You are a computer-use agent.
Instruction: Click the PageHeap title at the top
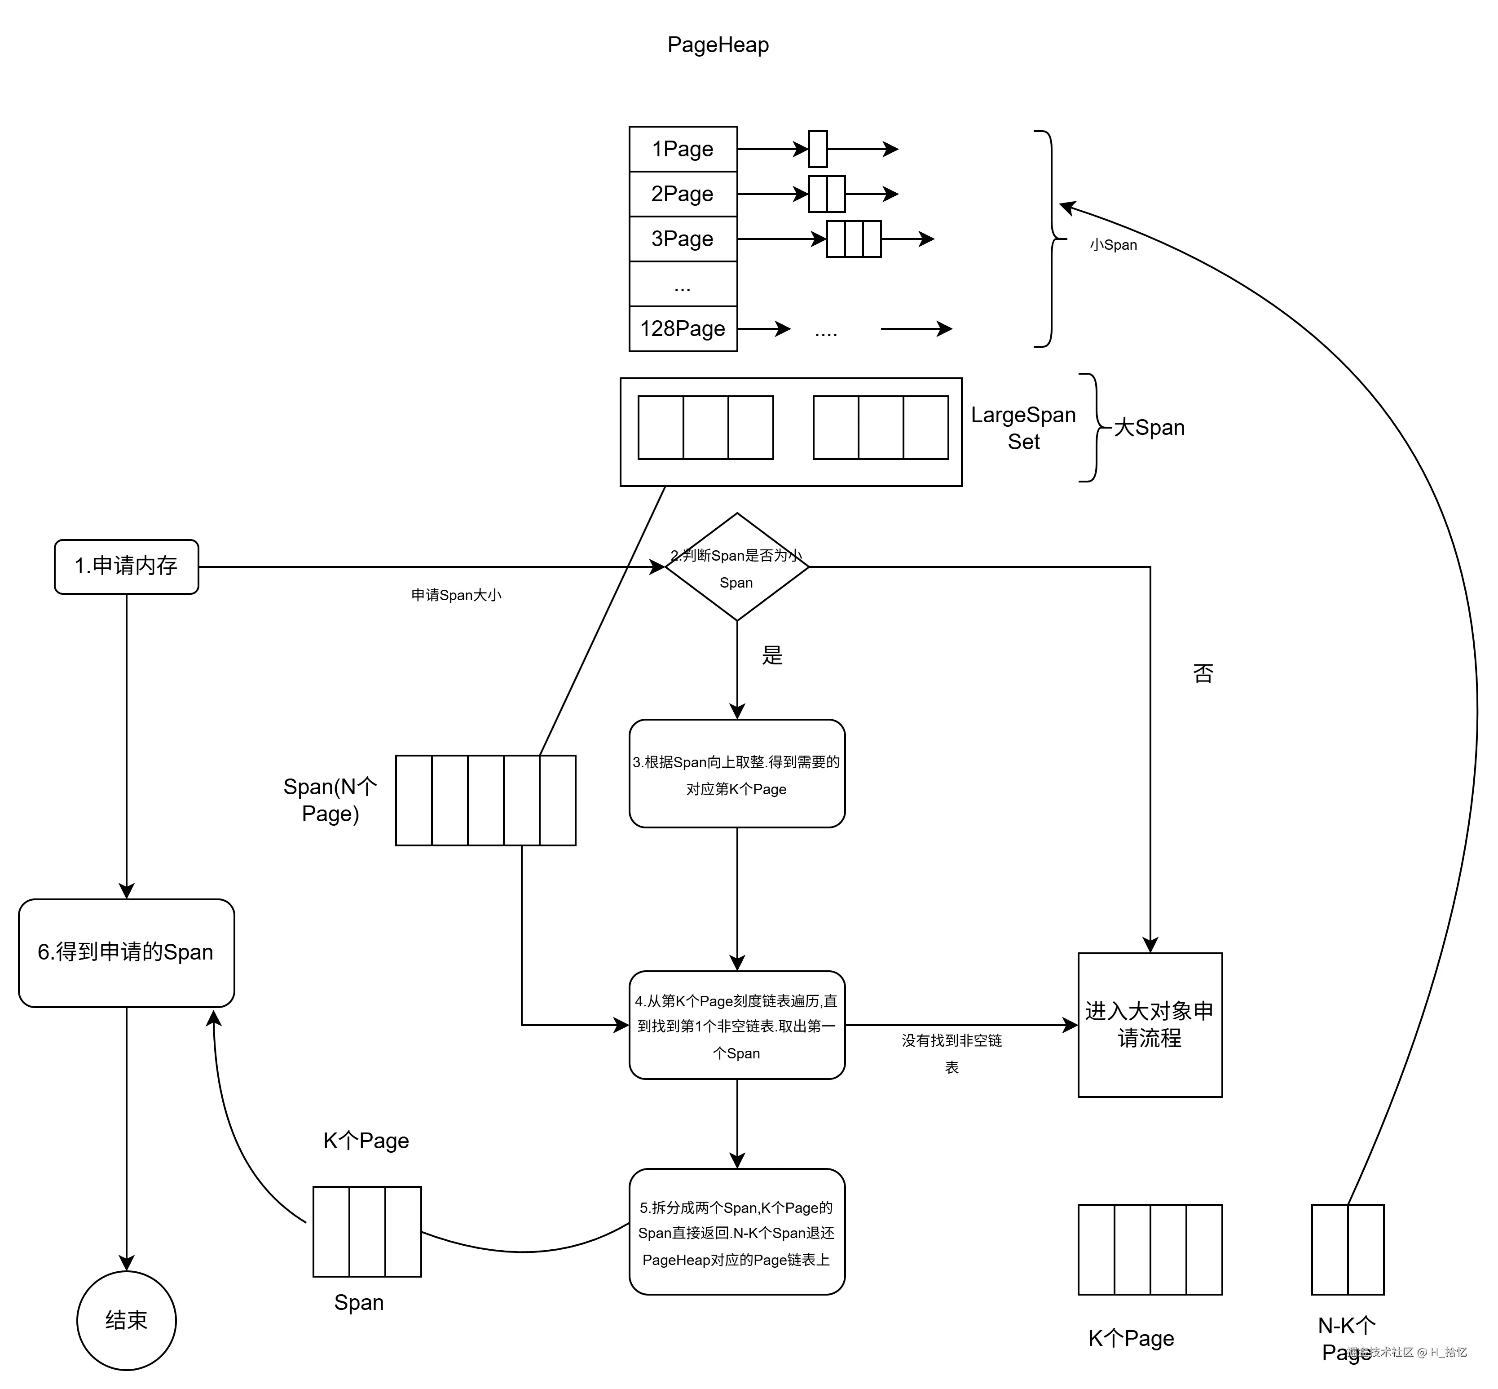[x=718, y=45]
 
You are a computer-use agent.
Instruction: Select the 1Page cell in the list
[x=682, y=149]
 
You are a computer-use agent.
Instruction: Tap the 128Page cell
[x=682, y=328]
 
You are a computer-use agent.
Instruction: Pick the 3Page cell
[x=682, y=239]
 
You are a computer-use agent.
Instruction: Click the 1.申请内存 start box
[x=126, y=566]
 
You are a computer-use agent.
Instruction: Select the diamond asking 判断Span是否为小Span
[x=736, y=567]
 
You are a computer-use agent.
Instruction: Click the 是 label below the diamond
[x=771, y=655]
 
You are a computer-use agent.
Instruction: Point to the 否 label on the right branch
[x=1203, y=672]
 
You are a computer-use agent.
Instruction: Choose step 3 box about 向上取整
[x=736, y=774]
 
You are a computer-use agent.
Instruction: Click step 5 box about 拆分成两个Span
[x=736, y=1233]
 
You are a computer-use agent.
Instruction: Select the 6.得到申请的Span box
[x=126, y=952]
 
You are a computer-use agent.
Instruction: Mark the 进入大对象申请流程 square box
[x=1150, y=1025]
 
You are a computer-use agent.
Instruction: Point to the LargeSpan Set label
[x=1023, y=428]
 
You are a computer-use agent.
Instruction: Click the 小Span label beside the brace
[x=1113, y=245]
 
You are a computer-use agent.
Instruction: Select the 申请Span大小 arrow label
[x=456, y=595]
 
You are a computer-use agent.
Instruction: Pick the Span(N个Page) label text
[x=330, y=800]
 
